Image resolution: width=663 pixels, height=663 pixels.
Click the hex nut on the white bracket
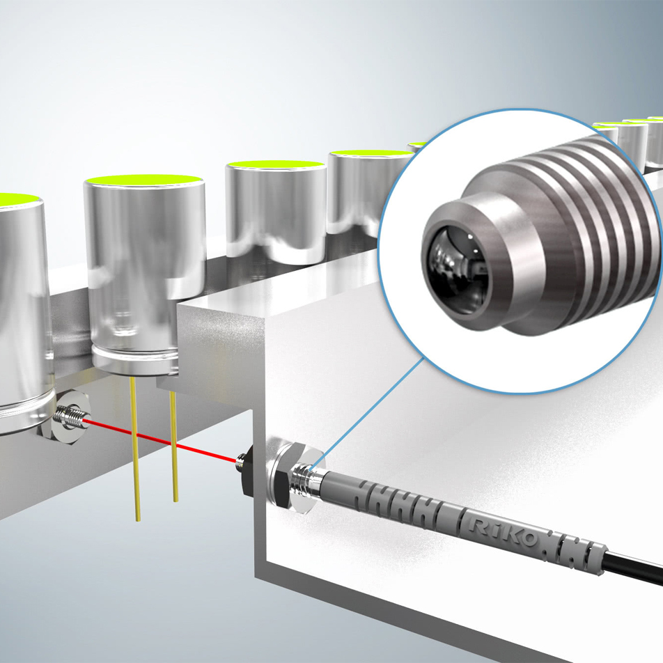[x=287, y=476]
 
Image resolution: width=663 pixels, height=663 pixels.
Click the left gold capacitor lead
[x=135, y=449]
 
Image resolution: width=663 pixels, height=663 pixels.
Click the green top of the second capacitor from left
[x=143, y=179]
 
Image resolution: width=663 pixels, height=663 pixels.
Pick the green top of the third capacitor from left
[x=275, y=164]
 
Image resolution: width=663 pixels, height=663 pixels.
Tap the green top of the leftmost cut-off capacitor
[x=17, y=198]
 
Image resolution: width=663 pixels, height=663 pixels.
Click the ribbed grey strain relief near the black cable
[x=575, y=552]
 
